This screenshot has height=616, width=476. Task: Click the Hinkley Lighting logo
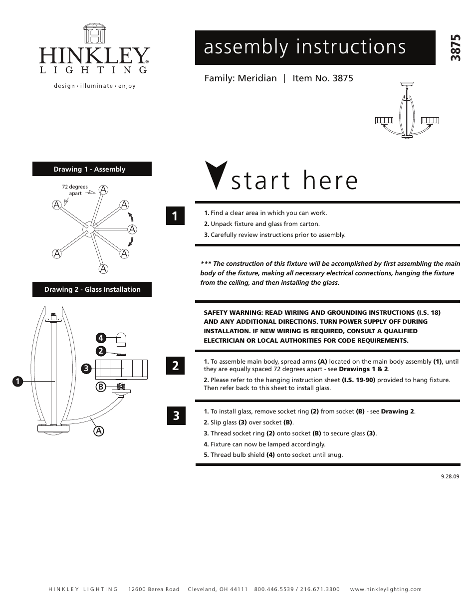94,55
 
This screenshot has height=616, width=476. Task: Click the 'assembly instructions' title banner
315,47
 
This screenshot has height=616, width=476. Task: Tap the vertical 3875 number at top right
455,48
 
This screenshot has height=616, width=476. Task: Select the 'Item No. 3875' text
322,78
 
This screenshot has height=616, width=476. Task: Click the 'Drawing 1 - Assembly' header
92,169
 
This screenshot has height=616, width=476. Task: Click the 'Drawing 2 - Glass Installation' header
92,289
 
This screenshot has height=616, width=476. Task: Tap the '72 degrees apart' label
75,190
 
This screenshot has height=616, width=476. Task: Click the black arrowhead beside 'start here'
216,175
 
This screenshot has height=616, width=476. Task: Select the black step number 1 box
175,216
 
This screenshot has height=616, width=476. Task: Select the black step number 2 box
175,366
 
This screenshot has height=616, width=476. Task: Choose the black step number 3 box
175,415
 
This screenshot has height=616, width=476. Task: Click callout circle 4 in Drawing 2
100,338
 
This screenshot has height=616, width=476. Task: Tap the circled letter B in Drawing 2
100,386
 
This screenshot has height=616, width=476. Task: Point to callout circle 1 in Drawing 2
17,382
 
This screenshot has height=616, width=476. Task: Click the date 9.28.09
450,476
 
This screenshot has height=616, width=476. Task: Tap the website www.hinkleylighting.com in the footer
386,589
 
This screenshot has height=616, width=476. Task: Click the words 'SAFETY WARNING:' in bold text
233,312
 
